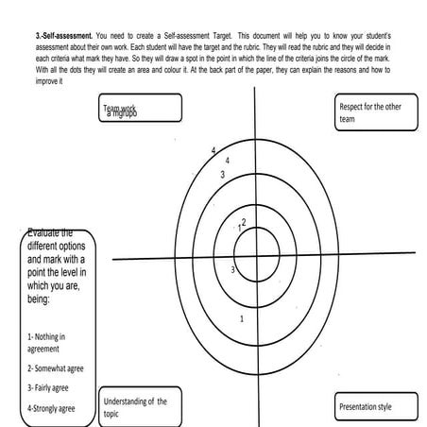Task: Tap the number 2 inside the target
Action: click(244, 222)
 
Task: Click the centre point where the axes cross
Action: click(257, 258)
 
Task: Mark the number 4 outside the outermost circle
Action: click(213, 151)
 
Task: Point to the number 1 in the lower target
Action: click(243, 318)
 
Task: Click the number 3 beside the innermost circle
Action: click(232, 270)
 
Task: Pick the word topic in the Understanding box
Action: click(113, 414)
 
